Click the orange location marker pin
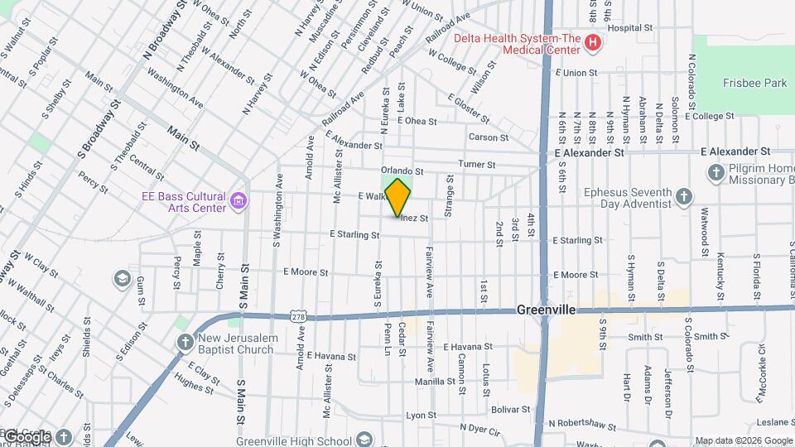click(x=398, y=197)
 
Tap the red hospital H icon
click(x=592, y=42)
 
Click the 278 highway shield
click(x=299, y=315)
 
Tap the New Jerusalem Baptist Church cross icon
click(x=184, y=342)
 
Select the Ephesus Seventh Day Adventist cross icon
click(x=683, y=197)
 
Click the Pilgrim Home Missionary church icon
click(x=716, y=173)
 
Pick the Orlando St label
click(x=402, y=171)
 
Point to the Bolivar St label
click(x=510, y=409)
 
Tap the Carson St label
click(x=488, y=137)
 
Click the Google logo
click(x=28, y=436)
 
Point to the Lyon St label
click(x=421, y=416)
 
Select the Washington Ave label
click(x=176, y=86)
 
